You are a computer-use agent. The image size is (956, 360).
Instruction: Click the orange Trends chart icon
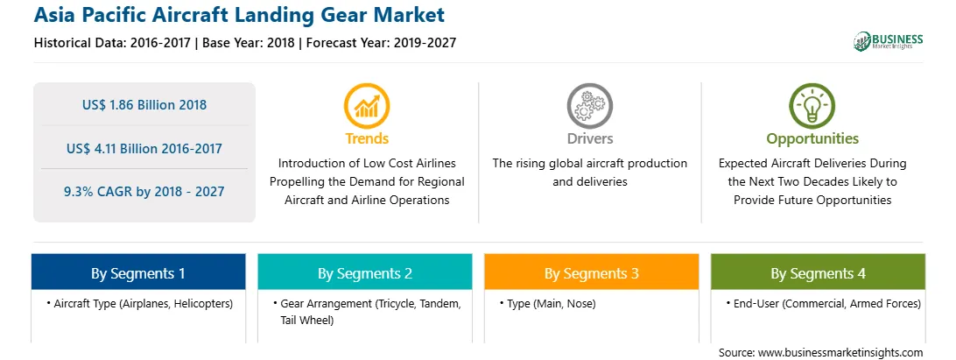(x=367, y=106)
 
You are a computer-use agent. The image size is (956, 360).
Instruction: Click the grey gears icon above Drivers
(x=589, y=106)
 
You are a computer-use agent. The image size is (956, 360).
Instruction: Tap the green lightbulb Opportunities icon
(x=812, y=106)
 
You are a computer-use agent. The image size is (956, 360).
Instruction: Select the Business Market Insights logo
(x=889, y=41)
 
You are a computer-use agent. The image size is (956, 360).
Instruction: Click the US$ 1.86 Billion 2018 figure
(x=144, y=105)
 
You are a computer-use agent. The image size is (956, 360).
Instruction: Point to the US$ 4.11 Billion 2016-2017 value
(x=144, y=148)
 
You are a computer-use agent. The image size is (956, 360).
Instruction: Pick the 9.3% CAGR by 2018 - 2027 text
(x=144, y=192)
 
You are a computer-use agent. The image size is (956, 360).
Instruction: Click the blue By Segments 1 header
(x=138, y=272)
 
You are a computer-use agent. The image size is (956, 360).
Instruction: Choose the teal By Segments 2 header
(x=364, y=272)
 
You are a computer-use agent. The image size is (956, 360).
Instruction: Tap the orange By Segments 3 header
(x=592, y=272)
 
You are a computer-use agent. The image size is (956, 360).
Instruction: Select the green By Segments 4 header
(x=819, y=272)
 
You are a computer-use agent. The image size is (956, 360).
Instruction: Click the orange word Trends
(x=367, y=138)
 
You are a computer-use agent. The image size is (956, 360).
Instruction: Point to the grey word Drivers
(x=590, y=138)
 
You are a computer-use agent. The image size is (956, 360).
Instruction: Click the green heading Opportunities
(x=812, y=138)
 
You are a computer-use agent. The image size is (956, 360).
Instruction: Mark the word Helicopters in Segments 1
(x=205, y=303)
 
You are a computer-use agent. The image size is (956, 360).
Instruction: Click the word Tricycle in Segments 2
(x=397, y=303)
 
